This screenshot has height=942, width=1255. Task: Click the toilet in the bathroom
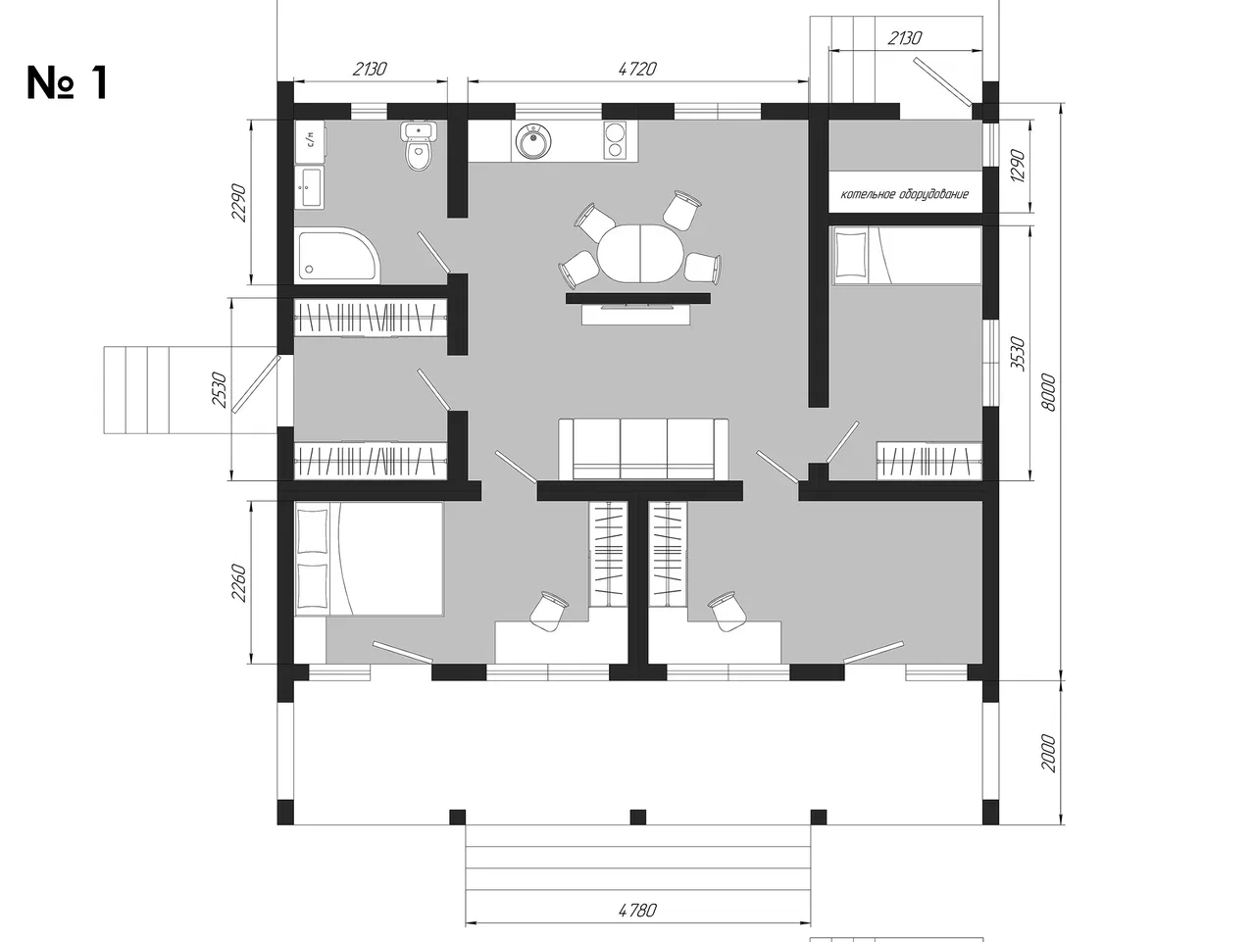[419, 147]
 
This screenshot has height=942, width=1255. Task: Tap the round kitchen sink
[533, 140]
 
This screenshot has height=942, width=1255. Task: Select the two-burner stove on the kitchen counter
[615, 140]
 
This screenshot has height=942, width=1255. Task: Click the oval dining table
[640, 253]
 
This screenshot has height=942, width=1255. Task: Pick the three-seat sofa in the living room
[643, 449]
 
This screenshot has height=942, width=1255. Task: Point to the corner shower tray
[337, 256]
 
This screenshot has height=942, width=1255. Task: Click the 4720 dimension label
[637, 70]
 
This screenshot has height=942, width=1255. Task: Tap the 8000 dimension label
[1048, 392]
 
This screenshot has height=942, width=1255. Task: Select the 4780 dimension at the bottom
[637, 910]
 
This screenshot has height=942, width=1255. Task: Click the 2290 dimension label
[238, 203]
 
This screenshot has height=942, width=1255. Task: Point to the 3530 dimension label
[1017, 354]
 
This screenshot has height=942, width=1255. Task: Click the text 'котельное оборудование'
[905, 194]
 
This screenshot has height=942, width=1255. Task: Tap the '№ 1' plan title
[67, 83]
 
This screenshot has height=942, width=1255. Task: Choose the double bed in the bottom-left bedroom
[370, 559]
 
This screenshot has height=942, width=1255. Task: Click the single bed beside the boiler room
[907, 256]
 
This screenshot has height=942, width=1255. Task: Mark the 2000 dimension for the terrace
[1048, 754]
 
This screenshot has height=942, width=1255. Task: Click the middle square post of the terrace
[638, 817]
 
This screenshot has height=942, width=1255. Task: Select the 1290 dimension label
[1017, 167]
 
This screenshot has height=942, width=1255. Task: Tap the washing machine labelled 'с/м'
[311, 141]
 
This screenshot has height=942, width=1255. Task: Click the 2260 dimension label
[238, 583]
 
